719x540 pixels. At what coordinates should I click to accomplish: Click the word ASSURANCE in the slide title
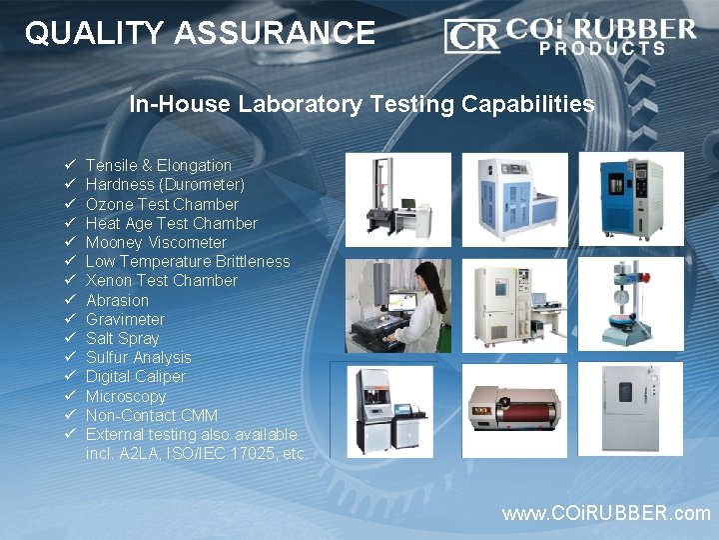click(x=275, y=34)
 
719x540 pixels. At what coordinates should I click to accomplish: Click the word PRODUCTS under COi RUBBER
click(x=603, y=48)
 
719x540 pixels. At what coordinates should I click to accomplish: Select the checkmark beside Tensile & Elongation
click(x=71, y=165)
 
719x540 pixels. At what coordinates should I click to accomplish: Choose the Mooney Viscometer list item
click(x=156, y=242)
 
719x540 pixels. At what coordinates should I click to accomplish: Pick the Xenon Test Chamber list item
click(x=161, y=281)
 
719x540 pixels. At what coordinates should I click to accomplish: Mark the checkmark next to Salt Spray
click(x=71, y=338)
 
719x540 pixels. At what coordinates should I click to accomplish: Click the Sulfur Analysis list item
click(x=138, y=357)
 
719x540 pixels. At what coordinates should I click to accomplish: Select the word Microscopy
click(x=126, y=396)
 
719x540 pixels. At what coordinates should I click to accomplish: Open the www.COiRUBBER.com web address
click(x=606, y=513)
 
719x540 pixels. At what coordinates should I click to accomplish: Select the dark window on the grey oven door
click(x=624, y=391)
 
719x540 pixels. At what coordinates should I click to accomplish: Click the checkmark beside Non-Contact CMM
click(x=71, y=415)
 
